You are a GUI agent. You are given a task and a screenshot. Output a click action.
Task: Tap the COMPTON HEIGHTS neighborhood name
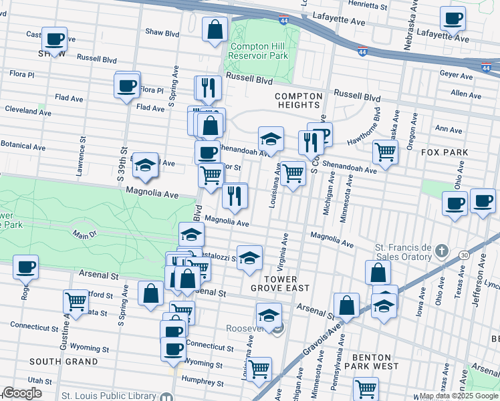(298, 100)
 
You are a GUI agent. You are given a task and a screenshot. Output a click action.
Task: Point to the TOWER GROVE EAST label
(279, 283)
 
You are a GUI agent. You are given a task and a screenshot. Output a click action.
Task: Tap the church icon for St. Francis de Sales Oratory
(441, 251)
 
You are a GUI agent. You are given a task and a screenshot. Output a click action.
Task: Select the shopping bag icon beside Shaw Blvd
(214, 30)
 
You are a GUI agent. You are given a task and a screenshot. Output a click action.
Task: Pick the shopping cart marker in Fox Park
(386, 152)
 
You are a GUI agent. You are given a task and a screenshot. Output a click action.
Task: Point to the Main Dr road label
(85, 235)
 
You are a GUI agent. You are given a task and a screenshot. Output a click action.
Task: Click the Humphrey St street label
(202, 383)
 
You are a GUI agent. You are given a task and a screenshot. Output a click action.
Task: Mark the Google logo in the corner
(23, 393)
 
